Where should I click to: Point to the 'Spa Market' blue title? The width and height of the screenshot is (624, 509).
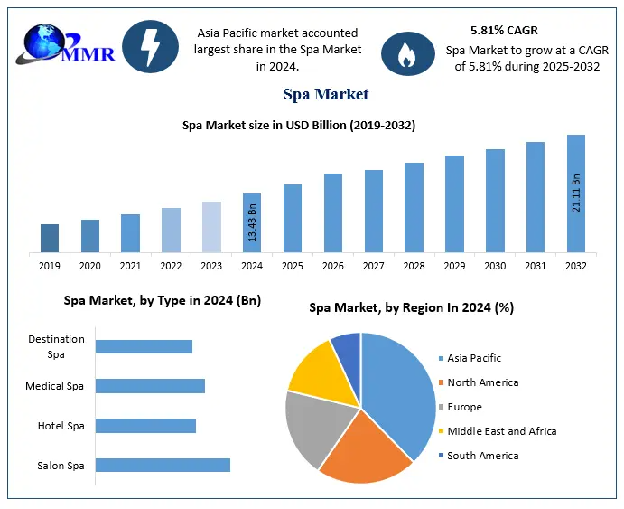325,94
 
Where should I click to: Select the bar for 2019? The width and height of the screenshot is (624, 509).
50,238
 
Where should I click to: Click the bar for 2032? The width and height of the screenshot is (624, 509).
576,193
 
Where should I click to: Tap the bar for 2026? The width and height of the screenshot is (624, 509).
333,212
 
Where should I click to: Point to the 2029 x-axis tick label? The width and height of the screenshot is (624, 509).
454,266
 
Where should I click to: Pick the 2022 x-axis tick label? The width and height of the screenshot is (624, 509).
171,266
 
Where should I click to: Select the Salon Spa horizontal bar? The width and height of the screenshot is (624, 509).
163,465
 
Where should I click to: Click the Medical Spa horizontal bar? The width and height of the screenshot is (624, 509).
150,386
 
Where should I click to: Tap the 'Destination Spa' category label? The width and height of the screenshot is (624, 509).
56,346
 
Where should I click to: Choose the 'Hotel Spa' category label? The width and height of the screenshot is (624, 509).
61,425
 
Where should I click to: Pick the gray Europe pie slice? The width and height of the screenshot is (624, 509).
312,425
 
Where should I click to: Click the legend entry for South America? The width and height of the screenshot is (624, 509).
482,456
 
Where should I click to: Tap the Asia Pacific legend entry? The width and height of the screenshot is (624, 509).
473,358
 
